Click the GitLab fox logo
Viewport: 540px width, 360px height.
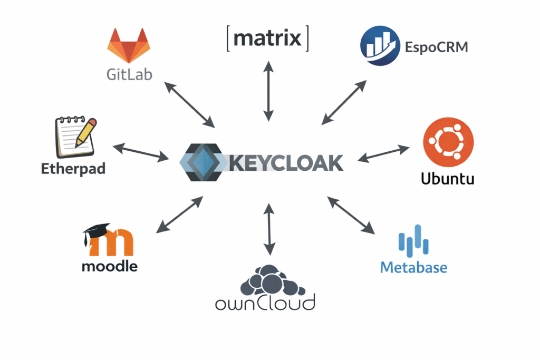(x=129, y=46)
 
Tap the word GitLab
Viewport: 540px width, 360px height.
(x=129, y=74)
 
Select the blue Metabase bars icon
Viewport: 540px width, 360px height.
(x=413, y=239)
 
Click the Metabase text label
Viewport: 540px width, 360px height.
(x=413, y=267)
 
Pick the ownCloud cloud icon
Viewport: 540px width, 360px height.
(x=269, y=279)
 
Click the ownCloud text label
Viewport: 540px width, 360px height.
(x=265, y=304)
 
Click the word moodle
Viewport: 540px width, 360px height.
(x=110, y=266)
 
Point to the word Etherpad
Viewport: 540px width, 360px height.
(x=73, y=169)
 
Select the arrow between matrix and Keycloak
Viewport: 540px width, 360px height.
(x=269, y=90)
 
